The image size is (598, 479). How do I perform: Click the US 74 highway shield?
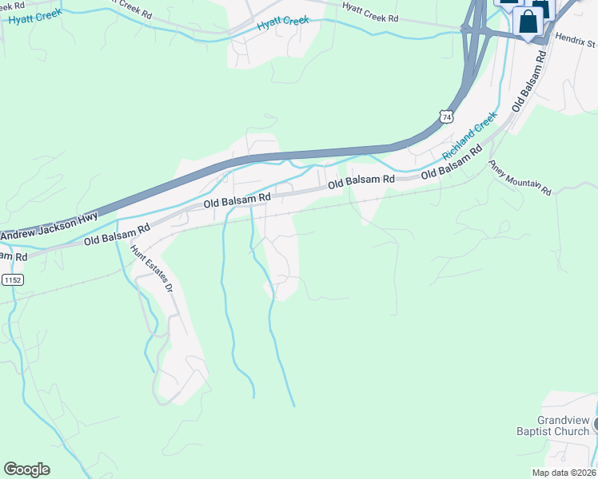[446, 117]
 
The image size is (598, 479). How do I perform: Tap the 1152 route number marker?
[12, 280]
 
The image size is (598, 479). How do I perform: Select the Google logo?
[26, 469]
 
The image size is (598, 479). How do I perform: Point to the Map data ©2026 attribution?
[564, 473]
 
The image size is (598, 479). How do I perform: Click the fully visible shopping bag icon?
[529, 22]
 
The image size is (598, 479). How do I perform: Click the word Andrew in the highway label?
[20, 236]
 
